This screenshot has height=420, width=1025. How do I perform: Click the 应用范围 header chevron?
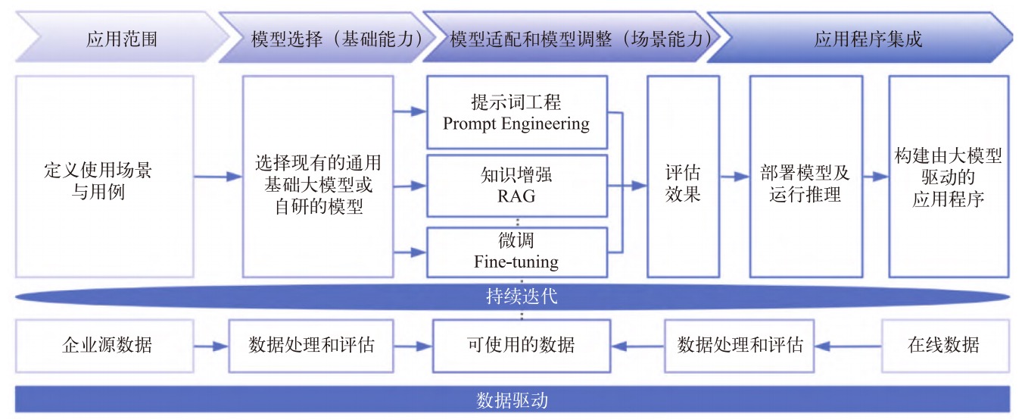(x=121, y=38)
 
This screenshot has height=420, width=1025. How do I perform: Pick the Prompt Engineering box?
(x=516, y=111)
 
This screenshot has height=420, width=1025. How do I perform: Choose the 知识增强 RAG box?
(x=516, y=185)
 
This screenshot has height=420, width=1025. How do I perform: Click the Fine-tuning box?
(x=516, y=252)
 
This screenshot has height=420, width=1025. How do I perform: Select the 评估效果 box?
(x=683, y=177)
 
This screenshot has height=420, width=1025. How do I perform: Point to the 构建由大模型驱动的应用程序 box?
(x=948, y=177)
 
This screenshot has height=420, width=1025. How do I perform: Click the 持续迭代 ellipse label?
(x=521, y=295)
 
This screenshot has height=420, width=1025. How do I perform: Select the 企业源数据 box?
(x=107, y=346)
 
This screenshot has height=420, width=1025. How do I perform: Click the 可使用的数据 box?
(x=521, y=346)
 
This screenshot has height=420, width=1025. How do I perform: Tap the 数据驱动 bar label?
(x=512, y=398)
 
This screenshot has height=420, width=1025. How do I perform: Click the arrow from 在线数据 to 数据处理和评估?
(x=849, y=346)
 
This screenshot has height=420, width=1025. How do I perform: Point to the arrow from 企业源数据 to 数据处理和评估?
(x=213, y=346)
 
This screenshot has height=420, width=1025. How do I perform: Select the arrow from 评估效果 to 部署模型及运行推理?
(x=734, y=177)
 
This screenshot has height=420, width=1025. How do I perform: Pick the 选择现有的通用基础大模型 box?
(x=318, y=177)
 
